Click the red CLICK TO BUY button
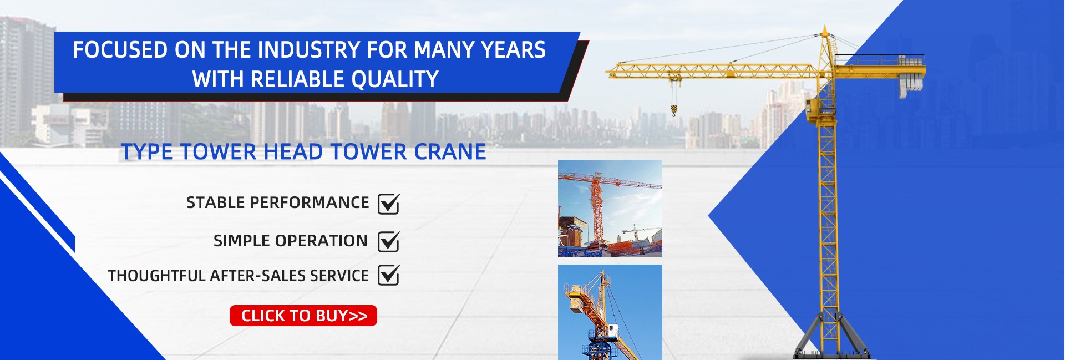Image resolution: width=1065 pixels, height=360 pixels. coord(303,316)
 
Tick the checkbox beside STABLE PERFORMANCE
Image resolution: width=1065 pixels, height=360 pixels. coord(388,204)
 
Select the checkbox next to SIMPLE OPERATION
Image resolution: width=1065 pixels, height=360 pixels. coord(388,241)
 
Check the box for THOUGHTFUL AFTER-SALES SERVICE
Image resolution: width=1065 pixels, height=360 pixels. coord(388,275)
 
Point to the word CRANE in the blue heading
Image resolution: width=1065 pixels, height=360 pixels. coord(450,152)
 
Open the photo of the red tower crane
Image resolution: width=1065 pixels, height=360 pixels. coord(610,208)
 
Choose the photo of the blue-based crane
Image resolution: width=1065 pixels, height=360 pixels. coord(610,312)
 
